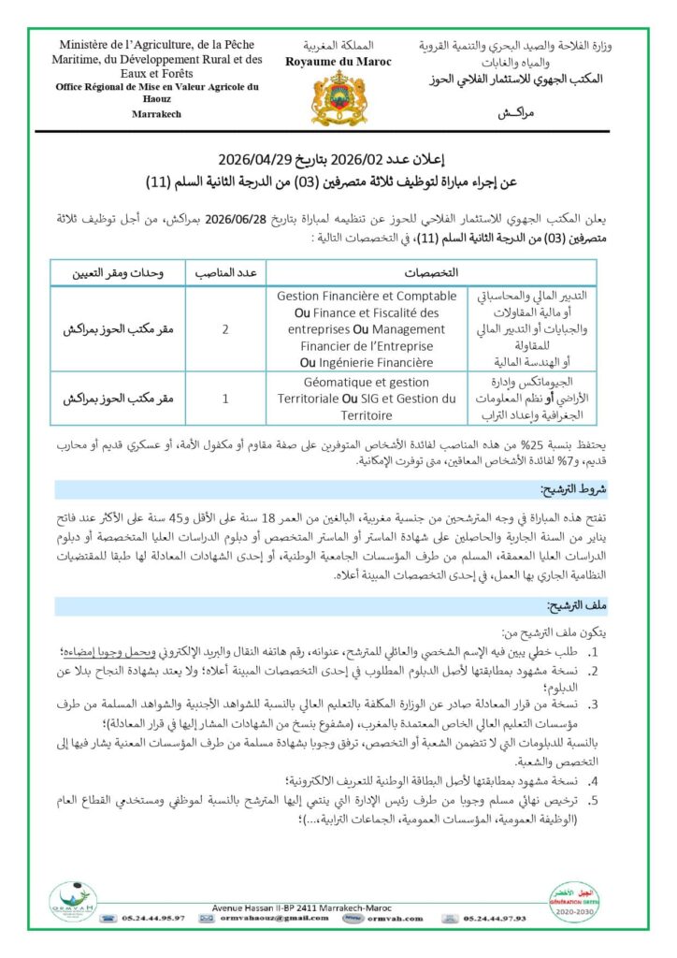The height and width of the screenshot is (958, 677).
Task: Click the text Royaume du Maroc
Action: (338, 62)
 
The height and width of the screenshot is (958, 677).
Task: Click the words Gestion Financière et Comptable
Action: (367, 296)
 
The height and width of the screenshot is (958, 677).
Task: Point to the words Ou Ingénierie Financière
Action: (367, 362)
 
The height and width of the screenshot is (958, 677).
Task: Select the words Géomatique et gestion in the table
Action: (367, 383)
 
